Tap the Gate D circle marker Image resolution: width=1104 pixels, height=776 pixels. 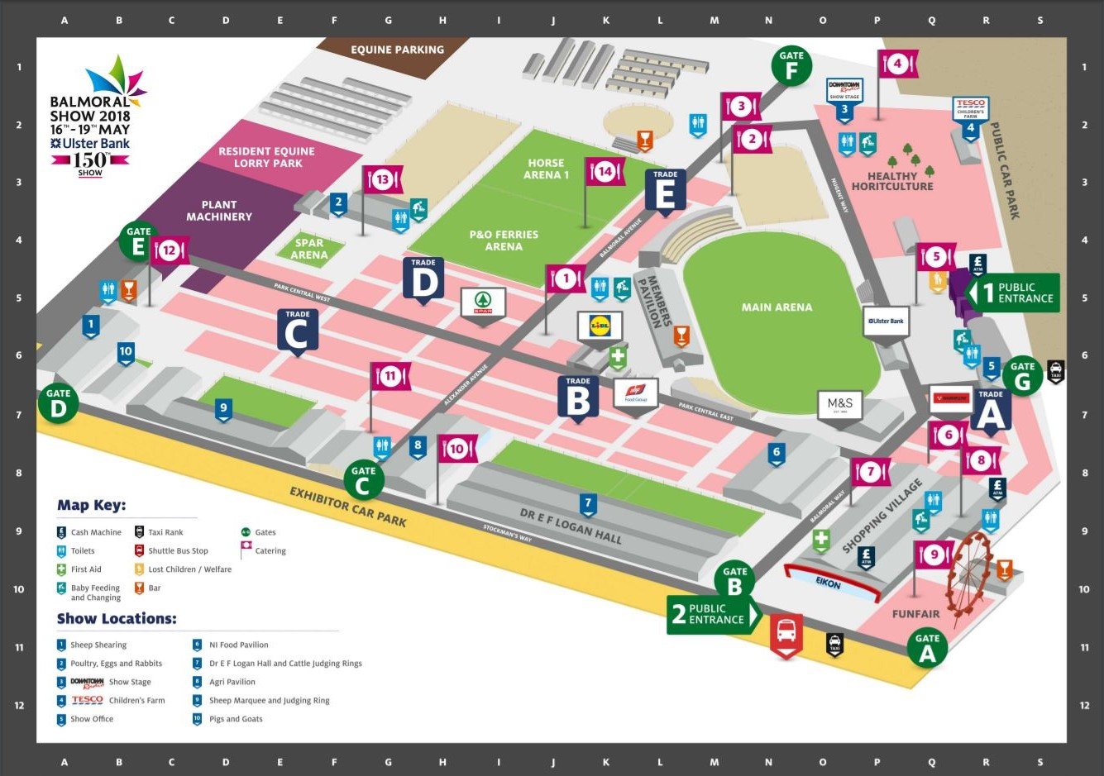pos(58,403)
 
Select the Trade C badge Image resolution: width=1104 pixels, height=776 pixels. pos(297,331)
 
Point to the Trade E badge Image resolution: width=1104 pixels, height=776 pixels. pos(665,190)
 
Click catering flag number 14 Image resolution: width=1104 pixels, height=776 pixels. pos(605,172)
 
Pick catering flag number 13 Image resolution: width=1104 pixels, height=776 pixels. pos(382,179)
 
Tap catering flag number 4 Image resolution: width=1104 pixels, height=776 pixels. pos(897,64)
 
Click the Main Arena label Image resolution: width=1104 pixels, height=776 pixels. pos(777,307)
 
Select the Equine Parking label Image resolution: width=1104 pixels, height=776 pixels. pos(397,50)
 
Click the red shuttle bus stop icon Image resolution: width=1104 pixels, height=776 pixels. pos(786,632)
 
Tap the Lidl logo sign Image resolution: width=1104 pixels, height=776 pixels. pos(600,326)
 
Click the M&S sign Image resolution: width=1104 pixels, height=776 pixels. pos(839,405)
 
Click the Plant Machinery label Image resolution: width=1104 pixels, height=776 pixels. pos(218,211)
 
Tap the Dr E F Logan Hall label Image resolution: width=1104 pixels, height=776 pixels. pos(570,526)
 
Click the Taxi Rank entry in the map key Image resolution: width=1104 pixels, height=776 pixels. pos(165,532)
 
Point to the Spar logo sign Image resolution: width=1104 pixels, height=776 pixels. pos(483,302)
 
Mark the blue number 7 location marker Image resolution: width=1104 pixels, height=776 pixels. pos(588,503)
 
